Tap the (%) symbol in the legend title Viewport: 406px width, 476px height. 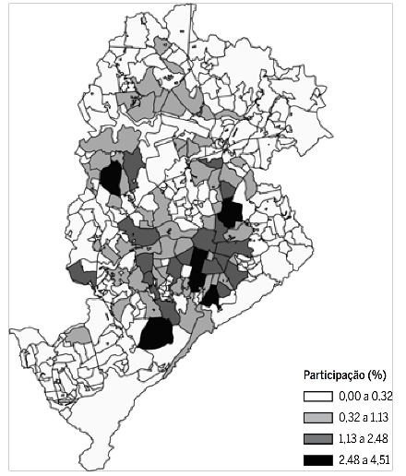[x=376, y=375]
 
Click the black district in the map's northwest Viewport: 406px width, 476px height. [x=112, y=177]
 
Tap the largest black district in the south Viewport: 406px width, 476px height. [x=158, y=330]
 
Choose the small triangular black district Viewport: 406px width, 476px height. [x=212, y=296]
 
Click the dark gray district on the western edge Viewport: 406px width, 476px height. [x=80, y=273]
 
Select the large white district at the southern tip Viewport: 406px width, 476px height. [x=138, y=434]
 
